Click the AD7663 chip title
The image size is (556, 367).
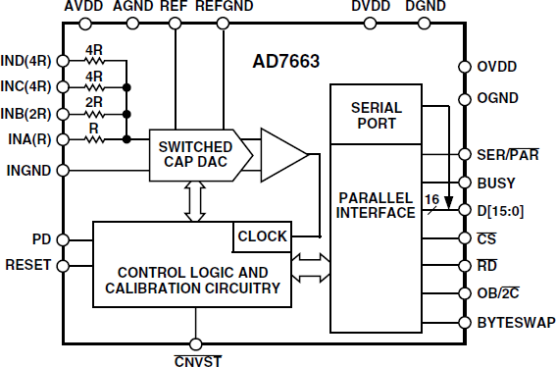tap(285, 62)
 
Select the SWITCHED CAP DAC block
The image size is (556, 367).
tap(195, 154)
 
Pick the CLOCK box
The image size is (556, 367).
tap(262, 236)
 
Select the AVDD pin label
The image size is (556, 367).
tap(83, 8)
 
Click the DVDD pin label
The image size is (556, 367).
tap(368, 8)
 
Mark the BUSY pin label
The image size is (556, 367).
tap(496, 183)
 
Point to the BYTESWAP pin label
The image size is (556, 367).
tap(515, 322)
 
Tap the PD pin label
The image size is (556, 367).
tap(40, 238)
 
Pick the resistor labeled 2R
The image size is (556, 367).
tap(94, 113)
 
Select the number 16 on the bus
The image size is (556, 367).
tap(430, 199)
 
